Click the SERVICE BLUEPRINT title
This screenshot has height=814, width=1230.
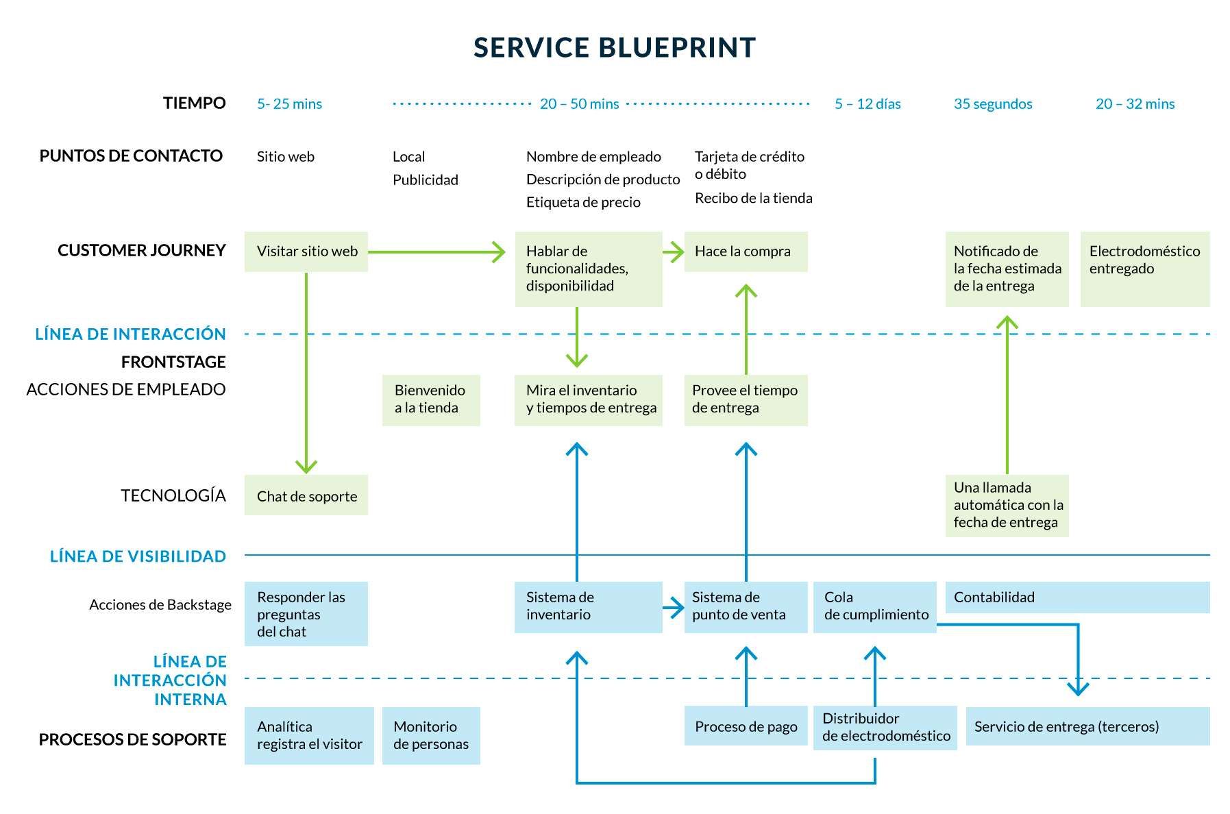click(614, 48)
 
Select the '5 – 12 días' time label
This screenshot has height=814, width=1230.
click(867, 104)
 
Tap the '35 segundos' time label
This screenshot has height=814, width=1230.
click(992, 104)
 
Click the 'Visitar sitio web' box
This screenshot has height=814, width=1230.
click(306, 251)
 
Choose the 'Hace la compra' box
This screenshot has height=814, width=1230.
click(746, 251)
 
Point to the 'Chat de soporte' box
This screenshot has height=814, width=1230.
click(306, 495)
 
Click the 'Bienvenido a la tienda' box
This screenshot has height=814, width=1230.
click(431, 400)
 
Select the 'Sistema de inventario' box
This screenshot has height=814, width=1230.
click(588, 606)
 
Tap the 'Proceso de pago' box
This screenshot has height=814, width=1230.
click(746, 726)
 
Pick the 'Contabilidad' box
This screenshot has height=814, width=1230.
click(1077, 597)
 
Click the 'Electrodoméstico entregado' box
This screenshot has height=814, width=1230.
click(1144, 269)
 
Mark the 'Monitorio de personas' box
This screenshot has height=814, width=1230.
click(431, 735)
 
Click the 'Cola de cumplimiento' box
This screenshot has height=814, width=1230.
click(874, 606)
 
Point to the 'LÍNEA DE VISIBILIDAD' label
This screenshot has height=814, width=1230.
click(138, 556)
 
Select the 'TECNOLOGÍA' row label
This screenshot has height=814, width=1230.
click(173, 495)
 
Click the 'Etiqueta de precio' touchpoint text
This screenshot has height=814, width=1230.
click(583, 202)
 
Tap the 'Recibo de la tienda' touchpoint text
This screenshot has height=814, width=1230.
click(753, 198)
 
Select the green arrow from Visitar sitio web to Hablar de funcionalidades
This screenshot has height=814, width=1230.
click(436, 252)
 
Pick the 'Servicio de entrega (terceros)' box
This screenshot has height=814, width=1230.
click(1087, 726)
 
